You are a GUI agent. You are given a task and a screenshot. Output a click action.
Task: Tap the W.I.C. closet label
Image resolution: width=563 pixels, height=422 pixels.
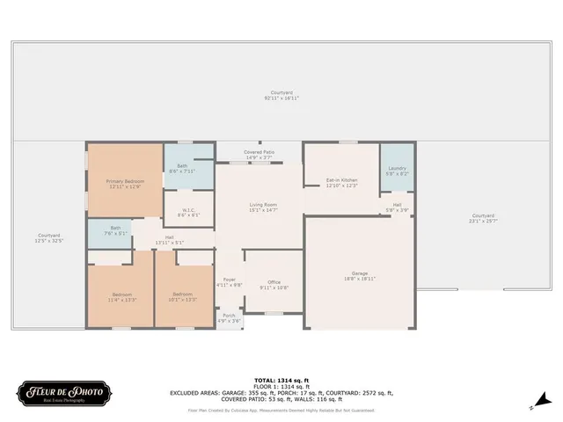tap(188, 212)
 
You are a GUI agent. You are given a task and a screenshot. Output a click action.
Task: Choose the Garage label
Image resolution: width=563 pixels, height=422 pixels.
tap(361, 274)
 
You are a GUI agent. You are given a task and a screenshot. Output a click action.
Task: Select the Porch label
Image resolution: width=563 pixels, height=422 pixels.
tap(229, 317)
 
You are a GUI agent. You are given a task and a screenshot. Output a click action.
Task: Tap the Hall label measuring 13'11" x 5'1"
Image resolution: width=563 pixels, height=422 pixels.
tap(169, 239)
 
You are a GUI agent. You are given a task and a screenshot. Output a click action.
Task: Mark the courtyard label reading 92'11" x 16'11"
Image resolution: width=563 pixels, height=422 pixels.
tap(281, 95)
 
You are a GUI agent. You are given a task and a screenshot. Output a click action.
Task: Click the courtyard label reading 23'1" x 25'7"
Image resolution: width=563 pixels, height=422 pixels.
tap(483, 218)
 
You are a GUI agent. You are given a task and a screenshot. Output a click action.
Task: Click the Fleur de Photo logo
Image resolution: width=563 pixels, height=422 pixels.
tap(64, 391)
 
